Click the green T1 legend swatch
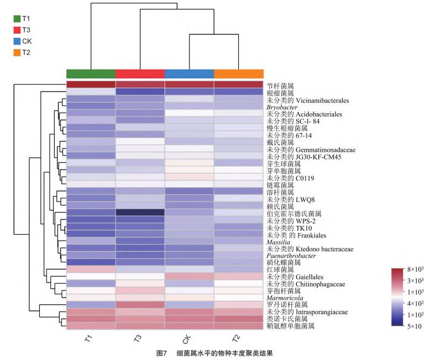coord(17,19)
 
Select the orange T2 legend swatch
coord(17,52)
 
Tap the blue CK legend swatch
coord(17,41)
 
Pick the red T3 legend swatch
coord(17,30)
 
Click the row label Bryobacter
coord(282,107)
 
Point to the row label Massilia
coord(278,242)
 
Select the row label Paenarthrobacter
coord(291,256)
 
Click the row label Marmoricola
coord(285,298)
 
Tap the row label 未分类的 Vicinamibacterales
coord(308,100)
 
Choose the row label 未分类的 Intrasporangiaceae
coord(307,312)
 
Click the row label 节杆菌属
coord(280,86)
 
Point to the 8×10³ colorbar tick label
coord(415,269)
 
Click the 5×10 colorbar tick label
coord(414,326)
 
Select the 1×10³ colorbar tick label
coord(415,292)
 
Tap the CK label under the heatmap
coord(187,338)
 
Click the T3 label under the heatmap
coord(138,338)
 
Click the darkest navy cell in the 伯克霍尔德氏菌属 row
coord(140,213)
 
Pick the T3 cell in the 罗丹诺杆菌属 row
coord(140,305)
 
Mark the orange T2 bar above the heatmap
coord(239,74)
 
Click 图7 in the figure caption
coord(162,353)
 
